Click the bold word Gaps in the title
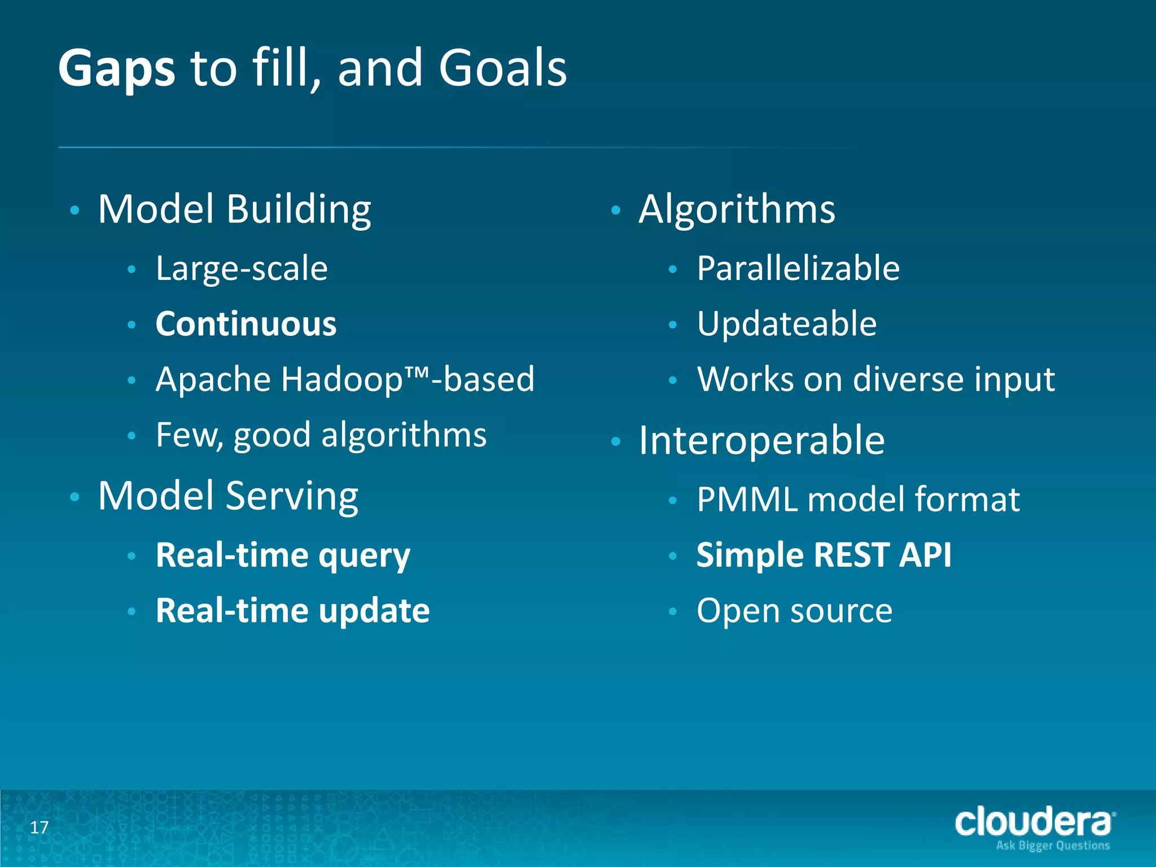coord(116,69)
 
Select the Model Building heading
coord(234,210)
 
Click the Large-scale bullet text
coord(242,269)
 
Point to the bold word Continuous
coord(246,324)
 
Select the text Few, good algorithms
coord(321,435)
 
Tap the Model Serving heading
coord(228,497)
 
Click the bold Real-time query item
coord(283,555)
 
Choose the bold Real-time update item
coord(292,611)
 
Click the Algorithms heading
coord(737,210)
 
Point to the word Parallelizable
coord(798,269)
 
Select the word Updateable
coord(787,324)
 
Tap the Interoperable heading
coord(761,441)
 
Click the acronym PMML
coord(747,500)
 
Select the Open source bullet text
coord(794,611)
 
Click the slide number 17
coord(39,827)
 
